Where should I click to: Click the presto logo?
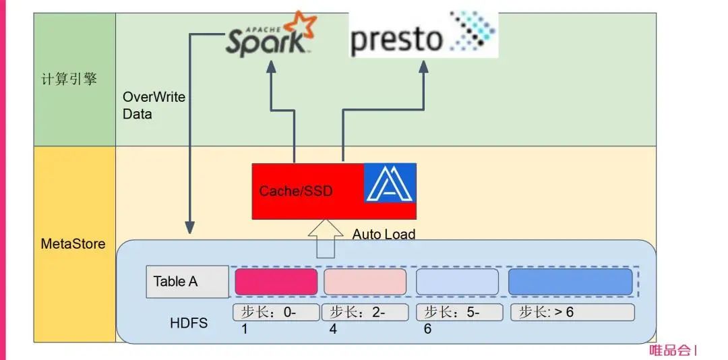pos(423,34)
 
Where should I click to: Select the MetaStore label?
pos(73,243)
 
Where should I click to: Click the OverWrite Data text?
pos(154,105)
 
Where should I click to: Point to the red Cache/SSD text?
pos(296,191)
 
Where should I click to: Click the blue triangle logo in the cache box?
pos(390,183)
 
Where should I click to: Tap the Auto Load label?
pos(384,235)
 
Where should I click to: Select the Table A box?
pos(187,282)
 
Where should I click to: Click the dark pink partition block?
pos(276,282)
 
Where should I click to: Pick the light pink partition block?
pos(365,282)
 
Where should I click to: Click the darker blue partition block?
pos(570,282)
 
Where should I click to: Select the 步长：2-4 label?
pos(365,313)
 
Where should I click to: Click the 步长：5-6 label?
pos(459,313)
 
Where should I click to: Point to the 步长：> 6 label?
pos(572,312)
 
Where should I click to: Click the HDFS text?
pos(189,324)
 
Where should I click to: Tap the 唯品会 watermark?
pos(670,351)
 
